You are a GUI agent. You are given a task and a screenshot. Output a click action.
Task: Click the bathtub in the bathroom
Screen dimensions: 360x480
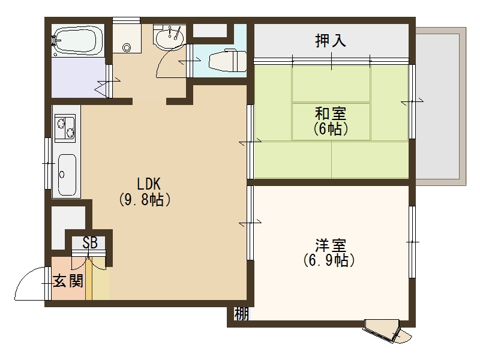coord(79,41)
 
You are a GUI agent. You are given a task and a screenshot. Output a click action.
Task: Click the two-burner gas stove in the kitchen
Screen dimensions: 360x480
coord(65,127)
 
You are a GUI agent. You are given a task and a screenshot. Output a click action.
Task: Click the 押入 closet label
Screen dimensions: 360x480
coord(331,41)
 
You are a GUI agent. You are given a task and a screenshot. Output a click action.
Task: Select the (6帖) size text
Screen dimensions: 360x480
coord(331,128)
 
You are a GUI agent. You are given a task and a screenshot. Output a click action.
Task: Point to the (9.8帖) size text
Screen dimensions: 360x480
coord(146,200)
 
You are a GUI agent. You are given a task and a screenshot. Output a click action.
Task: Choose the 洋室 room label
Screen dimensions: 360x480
coord(330,245)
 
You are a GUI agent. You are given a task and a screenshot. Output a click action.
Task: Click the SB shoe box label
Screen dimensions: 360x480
coord(90,243)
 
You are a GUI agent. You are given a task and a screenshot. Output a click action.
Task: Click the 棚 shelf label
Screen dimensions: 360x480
coord(241,313)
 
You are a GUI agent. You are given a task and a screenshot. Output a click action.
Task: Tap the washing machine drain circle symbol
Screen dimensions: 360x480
coord(127,47)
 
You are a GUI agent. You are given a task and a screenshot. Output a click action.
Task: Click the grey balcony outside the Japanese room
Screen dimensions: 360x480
coord(440,105)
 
